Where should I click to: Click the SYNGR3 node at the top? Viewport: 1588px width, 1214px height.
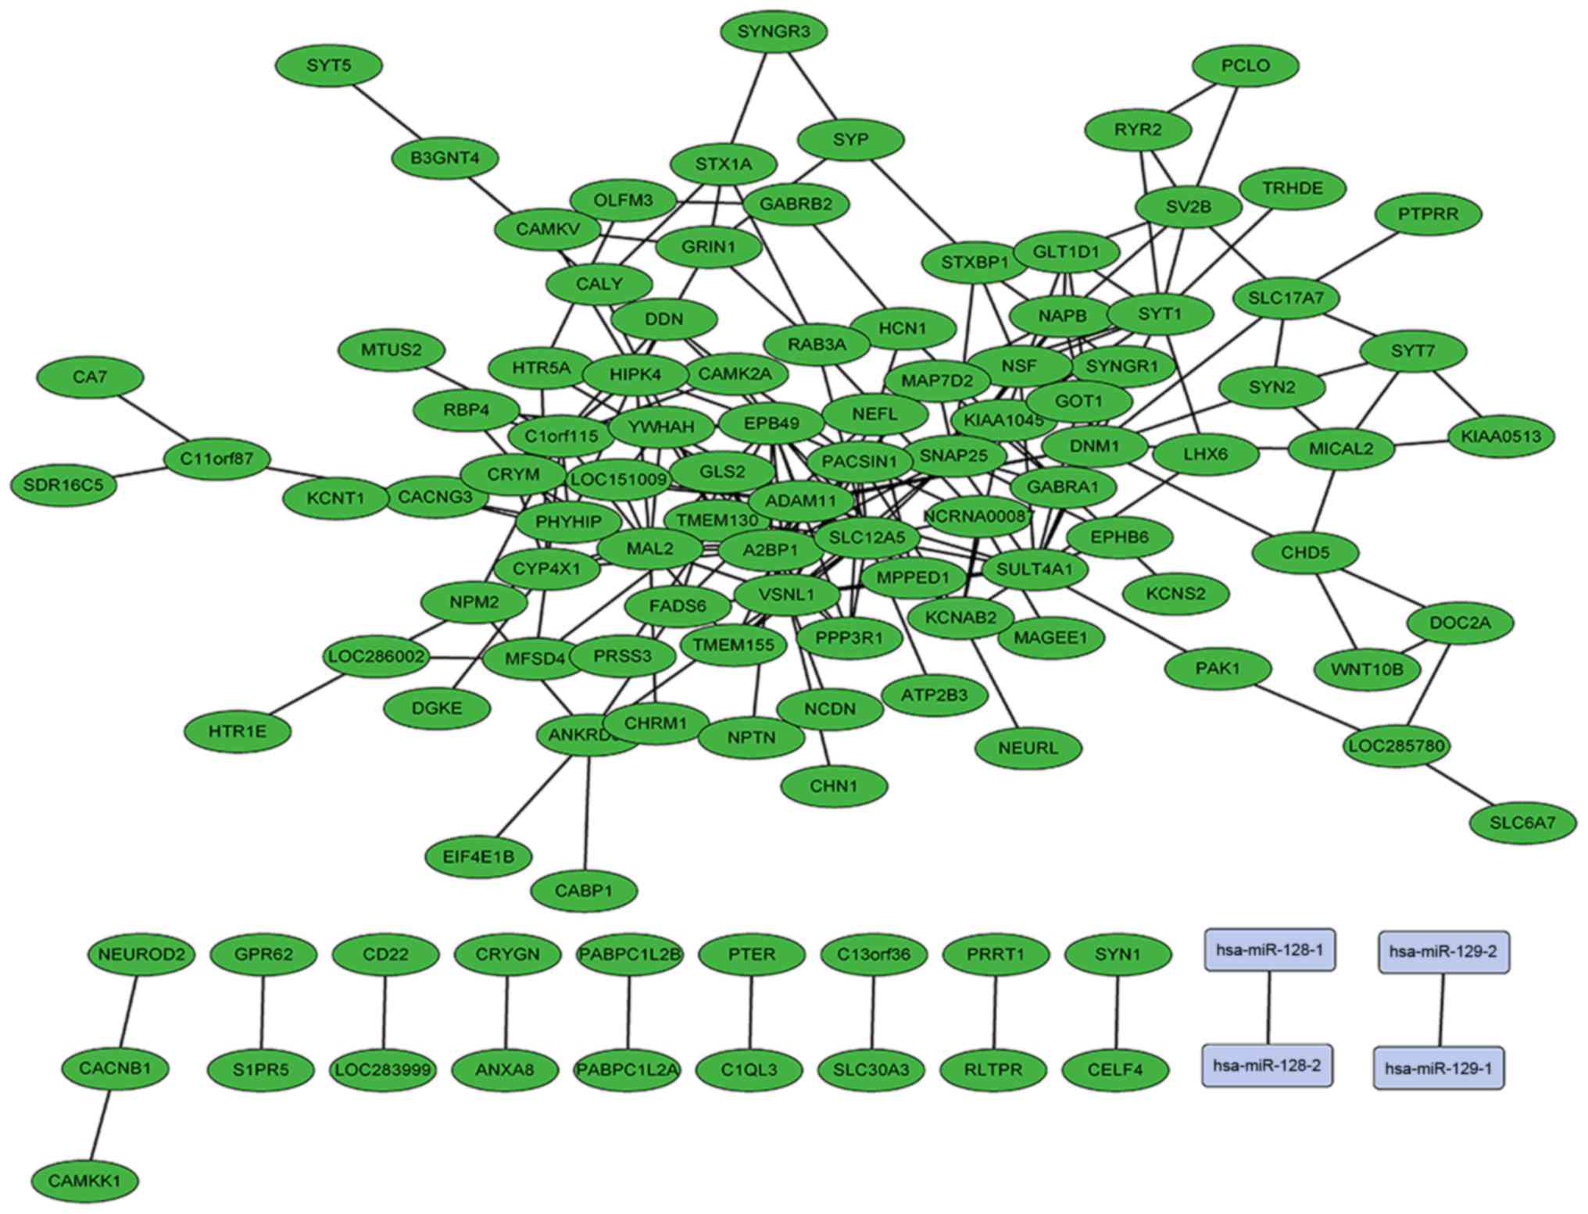[x=774, y=32]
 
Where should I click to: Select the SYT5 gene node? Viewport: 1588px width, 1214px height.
[x=329, y=66]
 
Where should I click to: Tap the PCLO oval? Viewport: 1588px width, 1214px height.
[x=1245, y=66]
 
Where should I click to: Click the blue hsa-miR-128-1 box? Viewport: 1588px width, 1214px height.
[x=1269, y=950]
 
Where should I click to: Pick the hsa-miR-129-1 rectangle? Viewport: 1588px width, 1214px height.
[x=1438, y=1068]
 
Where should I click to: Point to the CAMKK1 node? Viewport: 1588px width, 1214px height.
[x=85, y=1180]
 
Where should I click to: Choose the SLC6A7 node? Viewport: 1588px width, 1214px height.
[x=1522, y=823]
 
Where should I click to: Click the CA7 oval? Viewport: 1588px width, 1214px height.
[x=90, y=377]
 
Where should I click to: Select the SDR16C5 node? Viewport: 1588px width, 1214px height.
[x=63, y=485]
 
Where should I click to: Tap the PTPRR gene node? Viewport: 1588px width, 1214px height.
[x=1428, y=214]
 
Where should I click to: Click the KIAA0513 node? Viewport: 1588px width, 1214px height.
[x=1500, y=436]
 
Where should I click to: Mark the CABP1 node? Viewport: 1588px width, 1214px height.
[x=584, y=890]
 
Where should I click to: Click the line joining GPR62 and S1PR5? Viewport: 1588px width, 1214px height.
[x=263, y=1012]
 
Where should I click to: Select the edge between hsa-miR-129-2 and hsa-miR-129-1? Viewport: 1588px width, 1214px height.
[x=1441, y=1010]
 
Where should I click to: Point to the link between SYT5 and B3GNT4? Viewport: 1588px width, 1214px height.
[x=387, y=112]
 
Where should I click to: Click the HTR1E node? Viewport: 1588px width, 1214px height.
[x=238, y=732]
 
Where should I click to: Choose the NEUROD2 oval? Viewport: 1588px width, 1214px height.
[x=141, y=955]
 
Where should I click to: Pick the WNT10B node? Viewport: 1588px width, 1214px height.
[x=1367, y=669]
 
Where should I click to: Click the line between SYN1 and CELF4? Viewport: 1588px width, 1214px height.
[x=1117, y=1012]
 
